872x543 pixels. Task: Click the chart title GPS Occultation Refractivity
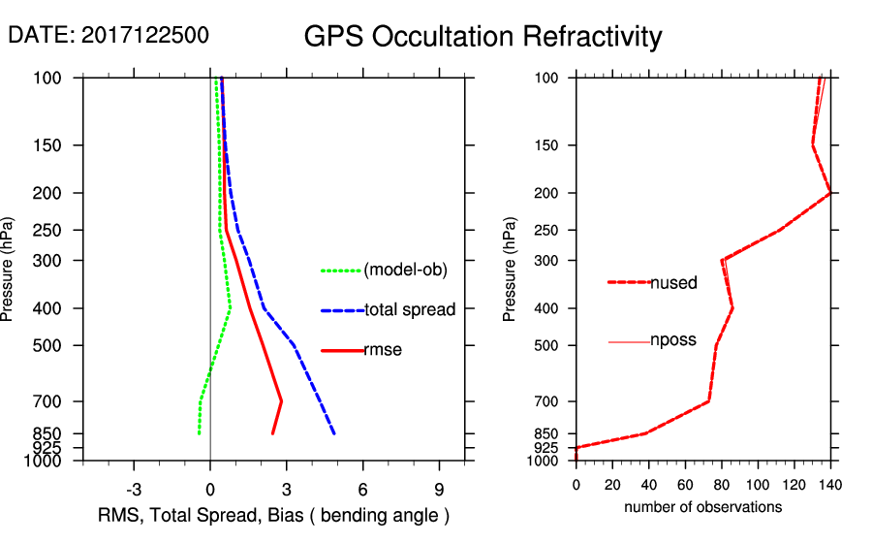[483, 37]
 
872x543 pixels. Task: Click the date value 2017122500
[144, 36]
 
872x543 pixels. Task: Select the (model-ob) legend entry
[405, 271]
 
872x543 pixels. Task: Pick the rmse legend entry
[383, 350]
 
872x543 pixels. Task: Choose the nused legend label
[673, 283]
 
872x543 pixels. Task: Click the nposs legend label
[673, 340]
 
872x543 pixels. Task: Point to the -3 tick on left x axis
[134, 489]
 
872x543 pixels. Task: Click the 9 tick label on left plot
[439, 489]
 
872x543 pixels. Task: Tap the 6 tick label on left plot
[362, 489]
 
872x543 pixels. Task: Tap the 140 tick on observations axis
[830, 486]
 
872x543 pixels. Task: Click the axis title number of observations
[702, 507]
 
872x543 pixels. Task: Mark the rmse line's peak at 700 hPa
[281, 400]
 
